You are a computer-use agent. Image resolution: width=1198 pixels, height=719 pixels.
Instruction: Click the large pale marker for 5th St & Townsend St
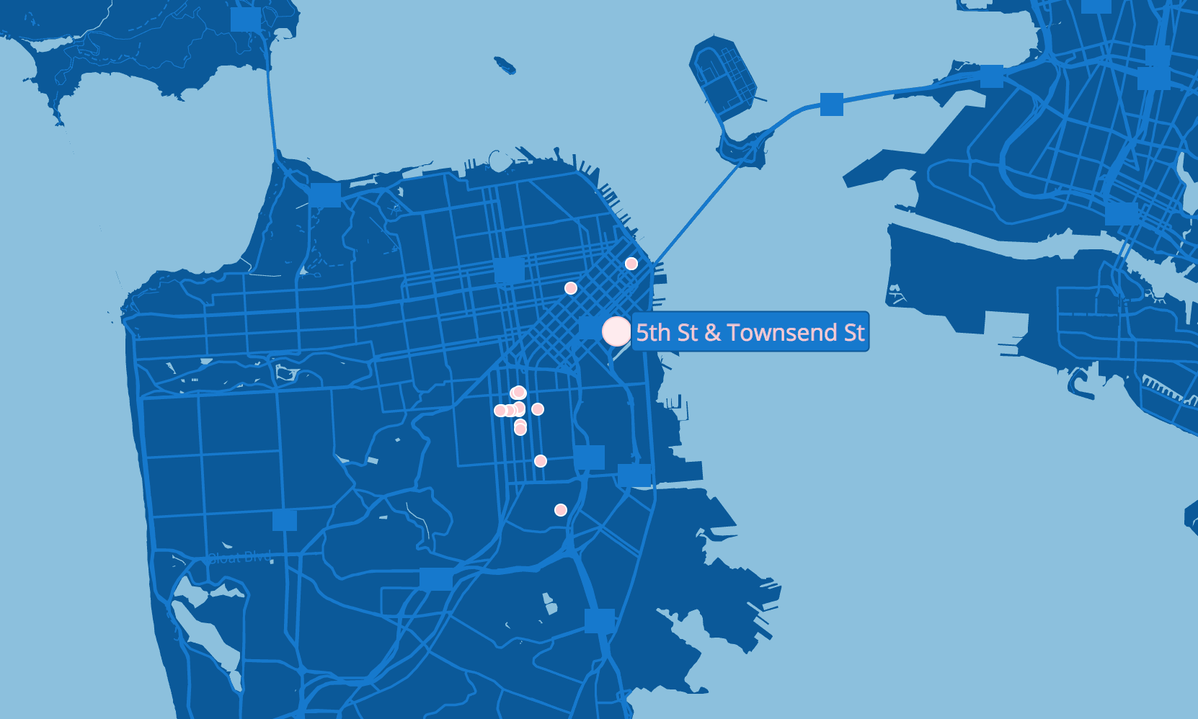[x=616, y=331]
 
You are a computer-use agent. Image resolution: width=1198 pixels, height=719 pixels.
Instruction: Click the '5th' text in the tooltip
[x=653, y=332]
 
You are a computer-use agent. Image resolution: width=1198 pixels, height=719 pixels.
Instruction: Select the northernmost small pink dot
[x=631, y=264]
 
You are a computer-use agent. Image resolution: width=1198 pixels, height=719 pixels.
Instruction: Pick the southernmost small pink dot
[x=561, y=510]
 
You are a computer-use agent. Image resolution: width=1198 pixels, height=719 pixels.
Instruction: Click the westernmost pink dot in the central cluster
[x=500, y=411]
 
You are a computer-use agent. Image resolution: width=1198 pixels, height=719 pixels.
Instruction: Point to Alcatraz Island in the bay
[x=505, y=66]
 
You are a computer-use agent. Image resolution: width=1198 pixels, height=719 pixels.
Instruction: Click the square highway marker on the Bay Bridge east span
[x=832, y=104]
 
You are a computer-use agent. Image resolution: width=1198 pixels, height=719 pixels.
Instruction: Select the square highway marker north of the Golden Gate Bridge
[x=246, y=19]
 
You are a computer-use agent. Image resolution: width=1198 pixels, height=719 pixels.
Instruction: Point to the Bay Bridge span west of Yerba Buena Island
[x=696, y=213]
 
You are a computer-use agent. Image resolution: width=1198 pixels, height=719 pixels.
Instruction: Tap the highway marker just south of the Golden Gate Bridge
[x=325, y=195]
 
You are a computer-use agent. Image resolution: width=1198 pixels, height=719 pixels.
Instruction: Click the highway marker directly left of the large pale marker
[x=590, y=328]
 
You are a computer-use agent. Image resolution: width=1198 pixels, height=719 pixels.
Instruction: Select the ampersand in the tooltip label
[x=712, y=332]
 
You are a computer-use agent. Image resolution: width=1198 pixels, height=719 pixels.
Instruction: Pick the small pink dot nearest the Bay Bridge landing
[x=631, y=264]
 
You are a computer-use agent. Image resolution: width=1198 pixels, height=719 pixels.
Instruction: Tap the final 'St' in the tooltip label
[x=854, y=332]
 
